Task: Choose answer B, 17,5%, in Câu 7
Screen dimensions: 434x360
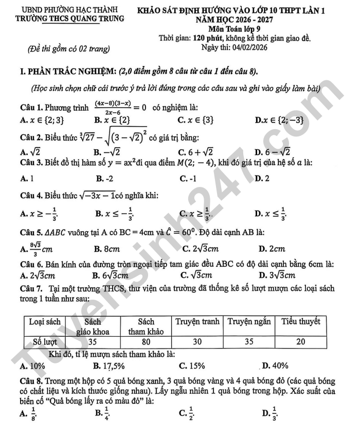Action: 110,366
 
